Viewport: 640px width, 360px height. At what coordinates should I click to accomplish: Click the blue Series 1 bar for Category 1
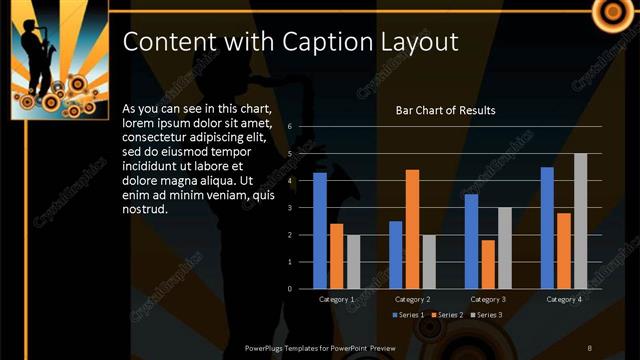320,230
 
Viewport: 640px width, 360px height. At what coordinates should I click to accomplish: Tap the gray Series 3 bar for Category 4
580,221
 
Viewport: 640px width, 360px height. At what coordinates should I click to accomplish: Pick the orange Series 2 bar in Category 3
488,264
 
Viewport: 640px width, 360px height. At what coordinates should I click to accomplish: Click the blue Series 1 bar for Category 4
547,228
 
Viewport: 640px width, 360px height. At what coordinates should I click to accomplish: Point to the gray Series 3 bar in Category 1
353,262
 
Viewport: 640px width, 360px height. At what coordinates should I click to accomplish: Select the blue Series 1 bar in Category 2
396,255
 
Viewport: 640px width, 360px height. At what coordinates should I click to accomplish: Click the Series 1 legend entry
407,315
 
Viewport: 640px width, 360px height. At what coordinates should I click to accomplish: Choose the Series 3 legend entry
485,315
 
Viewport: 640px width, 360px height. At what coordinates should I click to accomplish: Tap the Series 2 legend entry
446,315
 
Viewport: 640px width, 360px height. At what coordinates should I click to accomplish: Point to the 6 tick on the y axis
288,127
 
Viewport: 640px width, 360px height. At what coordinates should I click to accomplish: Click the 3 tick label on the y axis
288,208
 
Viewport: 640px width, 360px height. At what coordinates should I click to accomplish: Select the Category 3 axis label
488,299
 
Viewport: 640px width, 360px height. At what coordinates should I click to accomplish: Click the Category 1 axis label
336,299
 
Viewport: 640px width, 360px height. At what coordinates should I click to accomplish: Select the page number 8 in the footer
589,347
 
